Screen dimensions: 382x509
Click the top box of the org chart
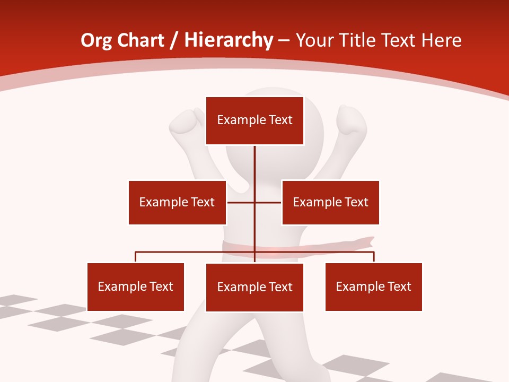tap(254, 120)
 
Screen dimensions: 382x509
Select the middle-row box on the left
tap(177, 202)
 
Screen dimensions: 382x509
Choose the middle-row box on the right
tap(330, 202)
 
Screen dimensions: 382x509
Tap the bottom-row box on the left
tap(136, 286)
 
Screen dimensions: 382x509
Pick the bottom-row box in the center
tap(254, 287)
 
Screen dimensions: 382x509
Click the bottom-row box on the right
tap(374, 286)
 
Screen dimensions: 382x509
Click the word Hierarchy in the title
tap(229, 40)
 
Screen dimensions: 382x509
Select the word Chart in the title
tap(141, 40)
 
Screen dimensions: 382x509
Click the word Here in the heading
tap(441, 40)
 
